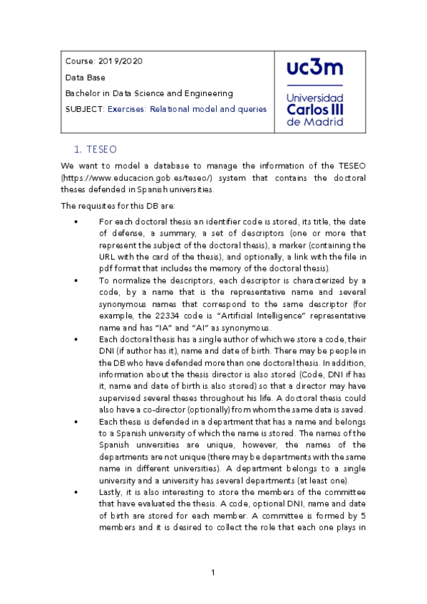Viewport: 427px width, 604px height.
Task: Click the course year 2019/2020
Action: coord(120,61)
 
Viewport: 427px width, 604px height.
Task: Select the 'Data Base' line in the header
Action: coord(83,77)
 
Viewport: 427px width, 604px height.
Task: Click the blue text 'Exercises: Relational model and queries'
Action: coord(187,109)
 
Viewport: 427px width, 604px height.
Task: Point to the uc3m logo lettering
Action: coord(314,68)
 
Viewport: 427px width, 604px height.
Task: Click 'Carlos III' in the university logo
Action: coord(314,109)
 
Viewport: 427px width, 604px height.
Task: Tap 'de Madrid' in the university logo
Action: coord(314,122)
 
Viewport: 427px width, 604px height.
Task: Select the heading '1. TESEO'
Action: coord(95,150)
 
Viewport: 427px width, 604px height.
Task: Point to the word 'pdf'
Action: coord(107,269)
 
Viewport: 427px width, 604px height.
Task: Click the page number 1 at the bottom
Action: coord(213,573)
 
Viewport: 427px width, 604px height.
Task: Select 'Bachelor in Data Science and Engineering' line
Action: coord(149,93)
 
